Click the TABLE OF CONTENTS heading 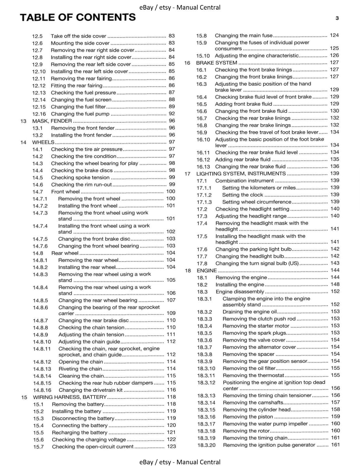point(78,17)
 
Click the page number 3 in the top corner point(337,18)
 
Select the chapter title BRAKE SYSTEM point(216,63)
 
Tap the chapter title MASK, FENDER point(52,121)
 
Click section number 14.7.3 point(40,213)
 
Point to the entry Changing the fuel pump point(80,114)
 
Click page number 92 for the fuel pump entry point(172,114)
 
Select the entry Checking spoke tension point(80,177)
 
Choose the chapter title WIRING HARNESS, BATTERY point(70,397)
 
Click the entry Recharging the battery point(80,433)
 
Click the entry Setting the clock point(242,195)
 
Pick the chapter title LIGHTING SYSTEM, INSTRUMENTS point(241,174)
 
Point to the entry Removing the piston point(248,417)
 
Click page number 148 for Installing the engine point(335,284)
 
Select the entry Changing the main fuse point(243,36)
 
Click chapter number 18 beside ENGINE point(188,271)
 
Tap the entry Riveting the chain point(80,369)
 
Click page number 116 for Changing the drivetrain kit point(171,390)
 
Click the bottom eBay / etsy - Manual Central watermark point(180,462)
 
